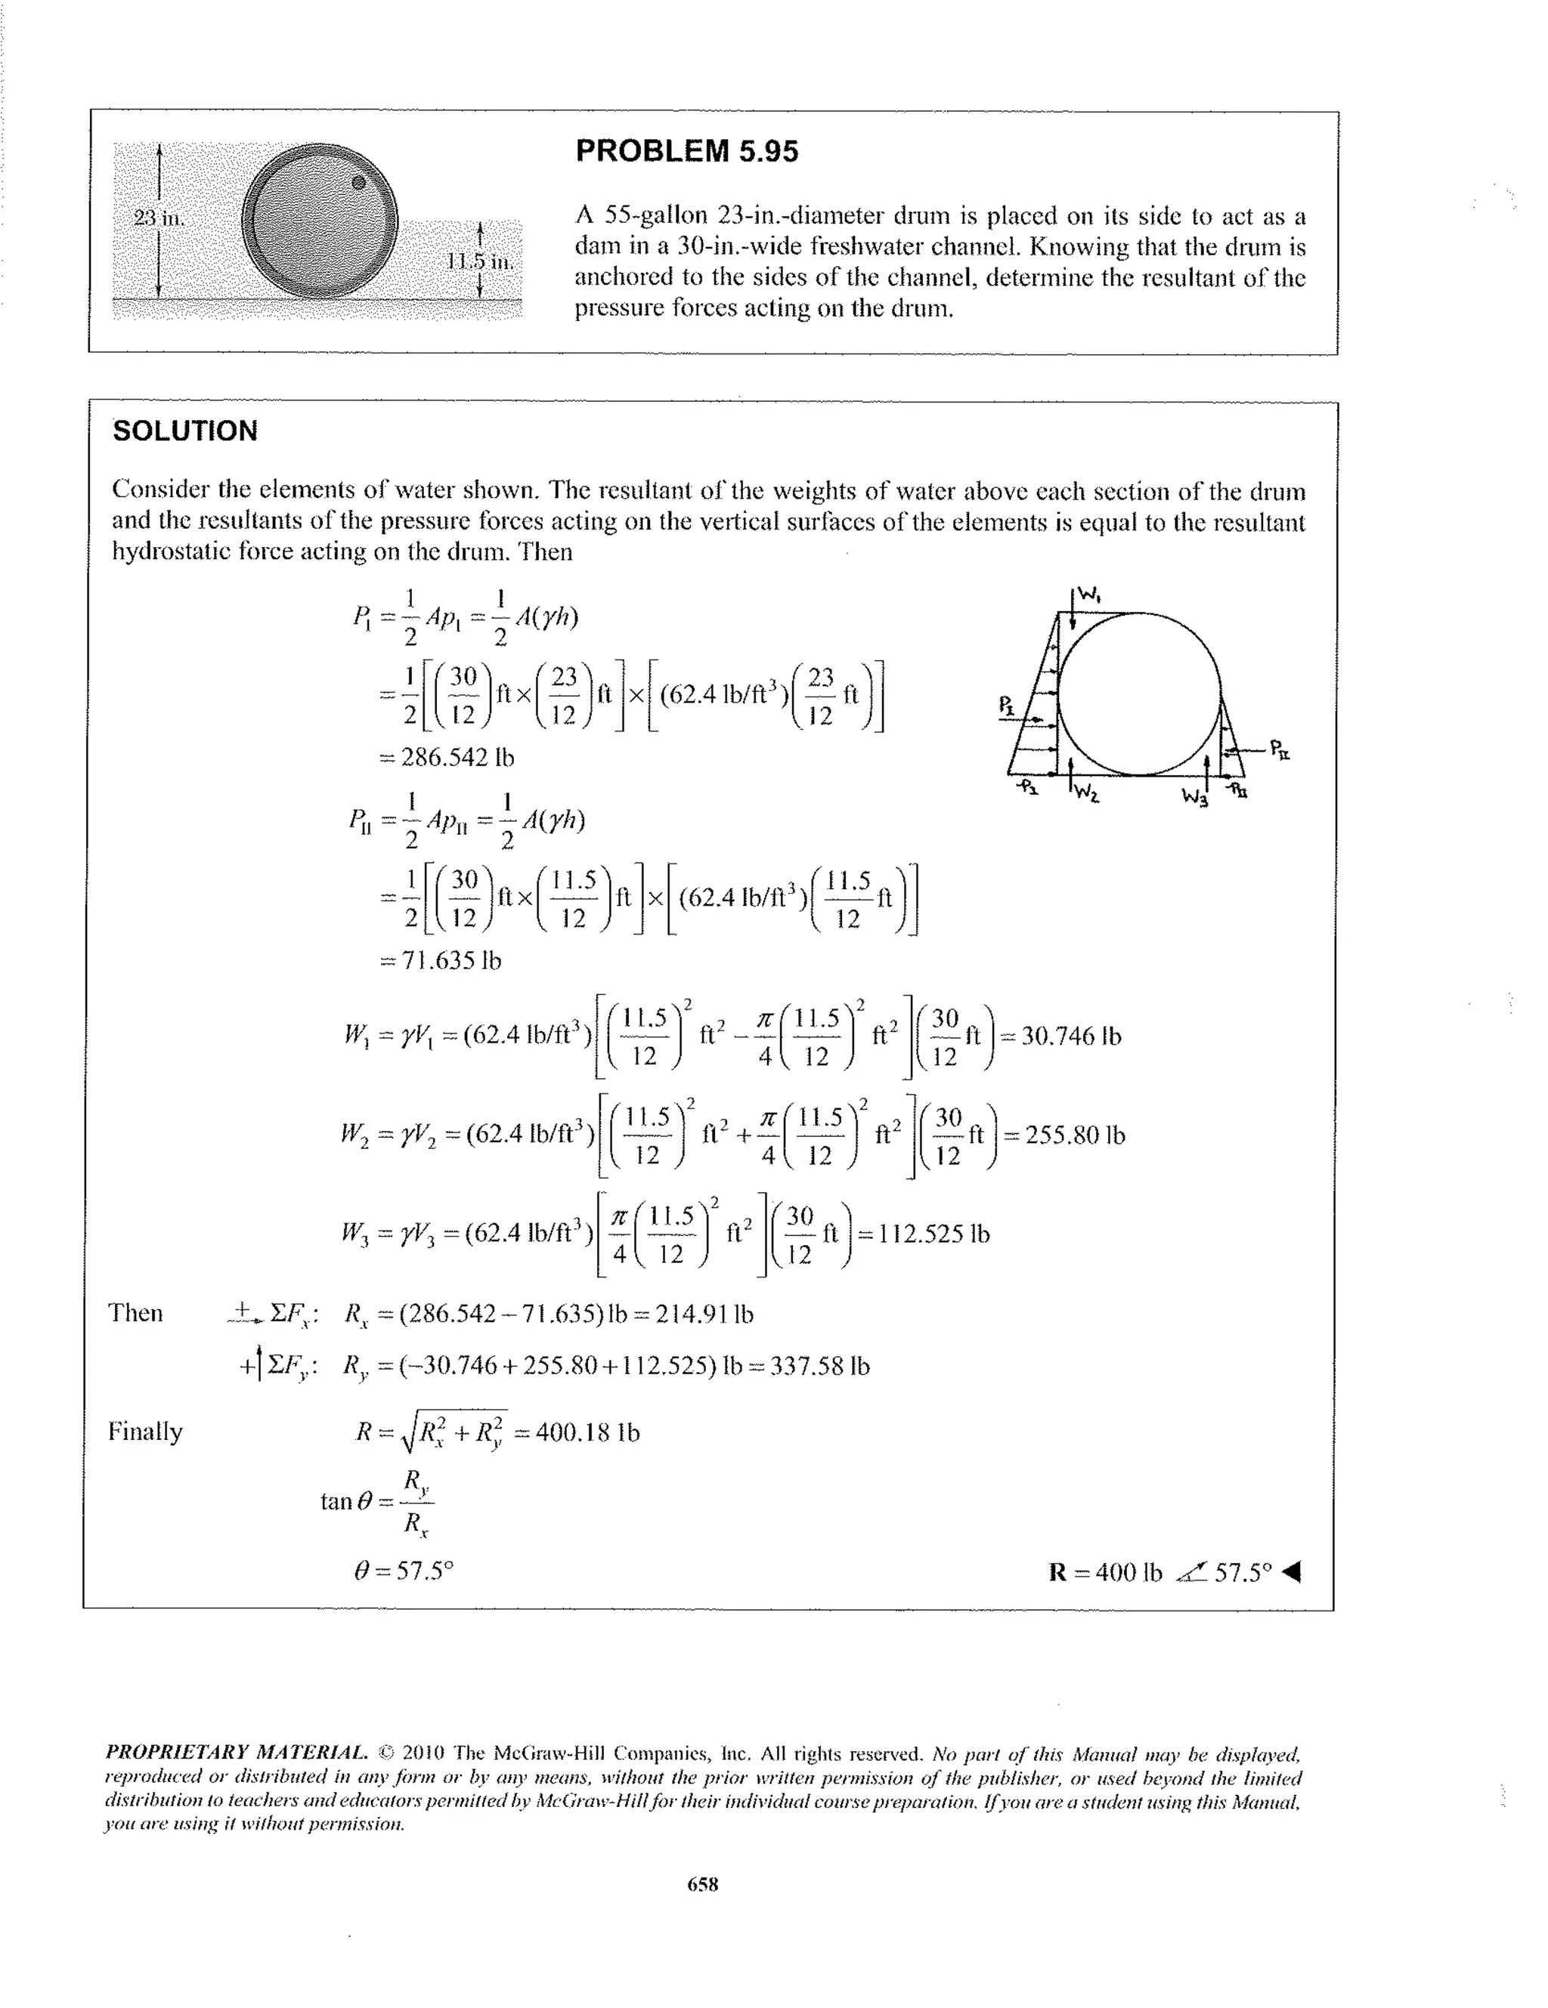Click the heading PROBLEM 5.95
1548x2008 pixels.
686,151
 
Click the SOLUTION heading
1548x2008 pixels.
185,431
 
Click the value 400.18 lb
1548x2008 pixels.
587,1432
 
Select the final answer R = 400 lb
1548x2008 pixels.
1106,1571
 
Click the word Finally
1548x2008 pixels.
145,1432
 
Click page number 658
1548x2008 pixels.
703,1884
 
